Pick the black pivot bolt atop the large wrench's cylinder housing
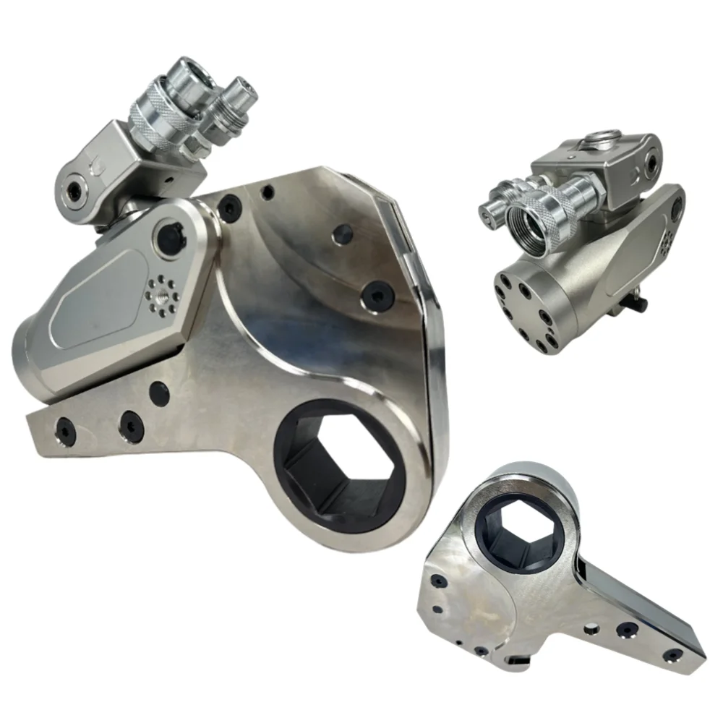tap(168, 234)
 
